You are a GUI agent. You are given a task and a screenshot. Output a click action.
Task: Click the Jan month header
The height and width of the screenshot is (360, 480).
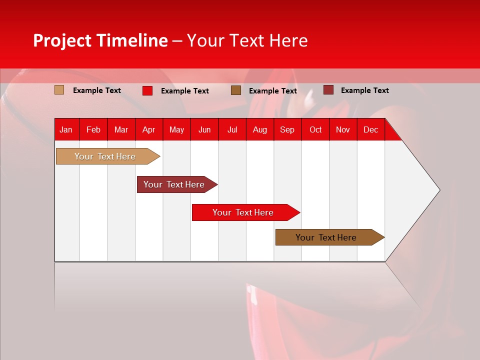pos(66,130)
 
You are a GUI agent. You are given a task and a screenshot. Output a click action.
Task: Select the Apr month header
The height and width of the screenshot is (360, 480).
pos(148,130)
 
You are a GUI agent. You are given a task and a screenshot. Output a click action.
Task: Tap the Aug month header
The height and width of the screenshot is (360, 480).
pos(259,130)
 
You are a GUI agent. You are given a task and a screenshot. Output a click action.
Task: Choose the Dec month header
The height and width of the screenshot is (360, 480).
pos(370,130)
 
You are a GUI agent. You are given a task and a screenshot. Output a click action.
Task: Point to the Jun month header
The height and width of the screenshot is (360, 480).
pos(204,130)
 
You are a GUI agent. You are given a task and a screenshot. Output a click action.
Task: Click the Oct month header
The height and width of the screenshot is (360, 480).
pos(315,130)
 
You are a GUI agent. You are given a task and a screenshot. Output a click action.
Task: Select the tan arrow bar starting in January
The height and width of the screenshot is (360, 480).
pos(105,156)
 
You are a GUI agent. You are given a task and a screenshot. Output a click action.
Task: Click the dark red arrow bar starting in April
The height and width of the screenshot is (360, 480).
pos(174,184)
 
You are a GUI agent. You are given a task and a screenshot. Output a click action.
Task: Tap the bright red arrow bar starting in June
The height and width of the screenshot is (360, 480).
pos(243,212)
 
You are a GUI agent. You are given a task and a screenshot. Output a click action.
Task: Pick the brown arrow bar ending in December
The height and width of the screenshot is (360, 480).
pos(326,237)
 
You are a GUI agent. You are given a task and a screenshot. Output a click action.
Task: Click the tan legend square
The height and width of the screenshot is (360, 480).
pos(59,90)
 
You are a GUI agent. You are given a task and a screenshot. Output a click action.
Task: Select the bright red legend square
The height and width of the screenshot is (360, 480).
pos(147,90)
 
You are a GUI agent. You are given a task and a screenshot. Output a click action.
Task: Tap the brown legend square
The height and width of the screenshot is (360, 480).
pos(236,90)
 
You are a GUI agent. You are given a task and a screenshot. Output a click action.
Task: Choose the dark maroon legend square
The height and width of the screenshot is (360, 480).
pos(328,90)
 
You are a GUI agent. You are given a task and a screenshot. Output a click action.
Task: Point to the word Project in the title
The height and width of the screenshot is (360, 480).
pos(62,40)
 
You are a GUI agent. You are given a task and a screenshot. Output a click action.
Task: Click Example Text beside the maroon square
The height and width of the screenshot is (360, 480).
pos(364,90)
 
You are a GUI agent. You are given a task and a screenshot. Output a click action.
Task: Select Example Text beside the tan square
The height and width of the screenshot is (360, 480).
pos(97,90)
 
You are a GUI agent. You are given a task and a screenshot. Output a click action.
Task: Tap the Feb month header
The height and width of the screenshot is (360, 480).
pos(93,130)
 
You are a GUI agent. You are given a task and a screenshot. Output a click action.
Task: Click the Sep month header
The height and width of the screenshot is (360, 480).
pos(287,130)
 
